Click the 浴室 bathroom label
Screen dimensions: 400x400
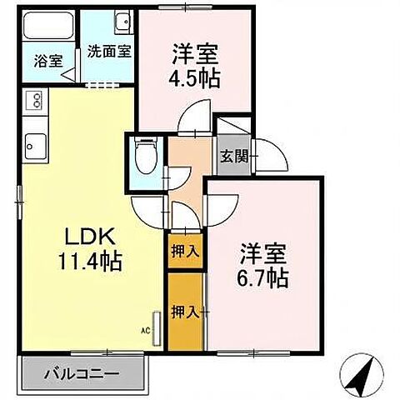[x=48, y=60]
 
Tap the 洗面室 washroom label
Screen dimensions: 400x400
[x=110, y=50]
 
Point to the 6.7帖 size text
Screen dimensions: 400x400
[x=265, y=277]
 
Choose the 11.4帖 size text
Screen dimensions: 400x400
[x=89, y=264]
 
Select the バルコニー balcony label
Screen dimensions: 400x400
[x=81, y=373]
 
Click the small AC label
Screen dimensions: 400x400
[x=145, y=332]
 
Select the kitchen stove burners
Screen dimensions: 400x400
[x=37, y=103]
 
